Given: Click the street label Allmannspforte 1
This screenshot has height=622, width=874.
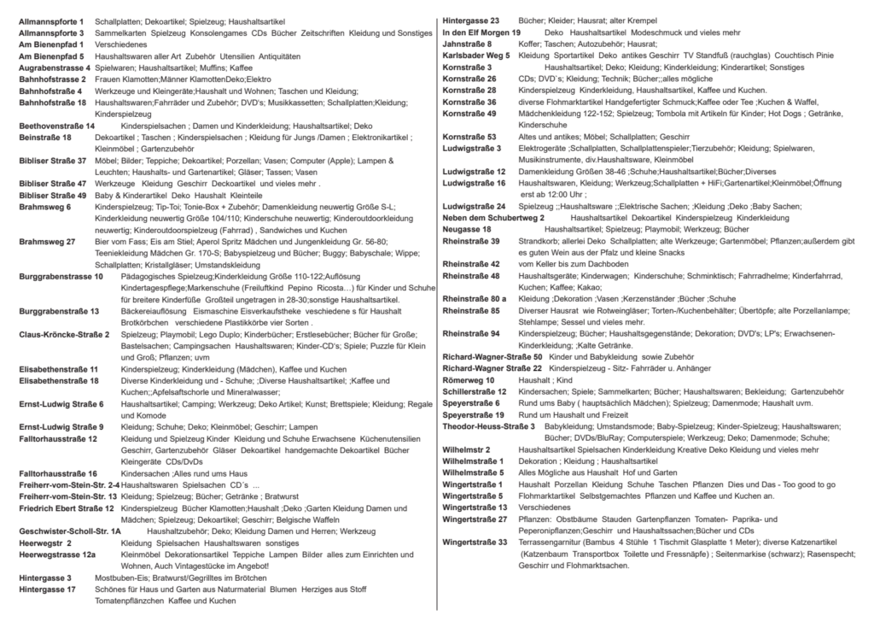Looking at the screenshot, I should click(x=51, y=20).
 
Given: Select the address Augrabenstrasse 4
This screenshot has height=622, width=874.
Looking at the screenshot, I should click(x=54, y=67).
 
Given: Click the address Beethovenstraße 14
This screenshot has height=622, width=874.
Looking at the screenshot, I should click(x=56, y=126).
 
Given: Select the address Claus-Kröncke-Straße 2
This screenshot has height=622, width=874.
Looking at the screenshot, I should click(x=64, y=334).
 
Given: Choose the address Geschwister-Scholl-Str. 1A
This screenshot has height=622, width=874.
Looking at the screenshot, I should click(x=69, y=531).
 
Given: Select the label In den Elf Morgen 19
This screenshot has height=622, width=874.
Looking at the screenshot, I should click(x=481, y=32).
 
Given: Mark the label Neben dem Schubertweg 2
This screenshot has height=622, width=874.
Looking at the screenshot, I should click(x=493, y=218).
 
